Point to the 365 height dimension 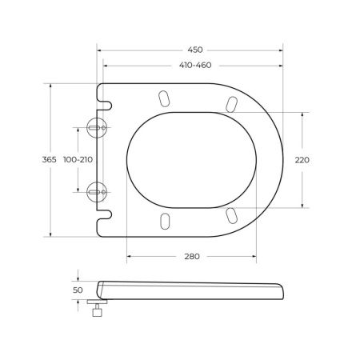[x=49, y=160]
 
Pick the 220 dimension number [x=302, y=160]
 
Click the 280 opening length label [x=191, y=256]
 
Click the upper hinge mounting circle [x=96, y=129]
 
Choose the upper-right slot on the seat [x=231, y=104]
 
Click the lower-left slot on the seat [x=165, y=221]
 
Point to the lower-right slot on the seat [x=231, y=215]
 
